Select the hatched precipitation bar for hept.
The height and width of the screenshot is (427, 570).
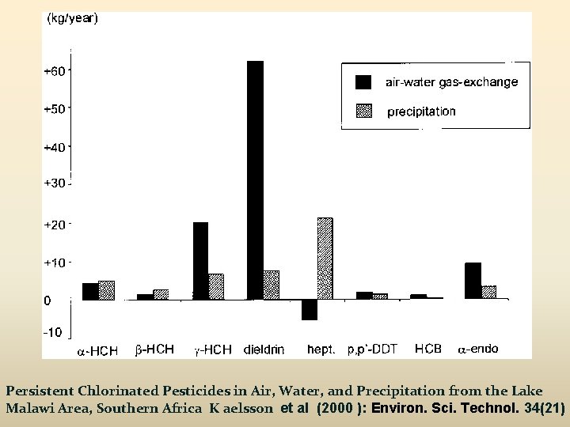coord(325,259)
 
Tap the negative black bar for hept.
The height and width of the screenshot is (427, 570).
coord(309,309)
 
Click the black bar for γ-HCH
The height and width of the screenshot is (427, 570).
coord(200,260)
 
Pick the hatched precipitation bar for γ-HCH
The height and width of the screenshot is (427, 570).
coord(216,286)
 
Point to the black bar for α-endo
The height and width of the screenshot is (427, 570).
coord(473,281)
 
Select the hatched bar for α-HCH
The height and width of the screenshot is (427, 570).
coord(106,290)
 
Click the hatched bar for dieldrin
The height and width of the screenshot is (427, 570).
coord(271,285)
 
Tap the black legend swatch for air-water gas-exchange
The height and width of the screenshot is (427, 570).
coord(363,81)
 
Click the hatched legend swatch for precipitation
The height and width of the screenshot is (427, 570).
coord(363,111)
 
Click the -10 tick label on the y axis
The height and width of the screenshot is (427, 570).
coord(53,333)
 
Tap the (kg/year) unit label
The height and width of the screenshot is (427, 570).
coord(73,20)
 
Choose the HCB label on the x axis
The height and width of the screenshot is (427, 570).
coord(427,348)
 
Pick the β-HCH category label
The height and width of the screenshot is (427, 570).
coord(154,348)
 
